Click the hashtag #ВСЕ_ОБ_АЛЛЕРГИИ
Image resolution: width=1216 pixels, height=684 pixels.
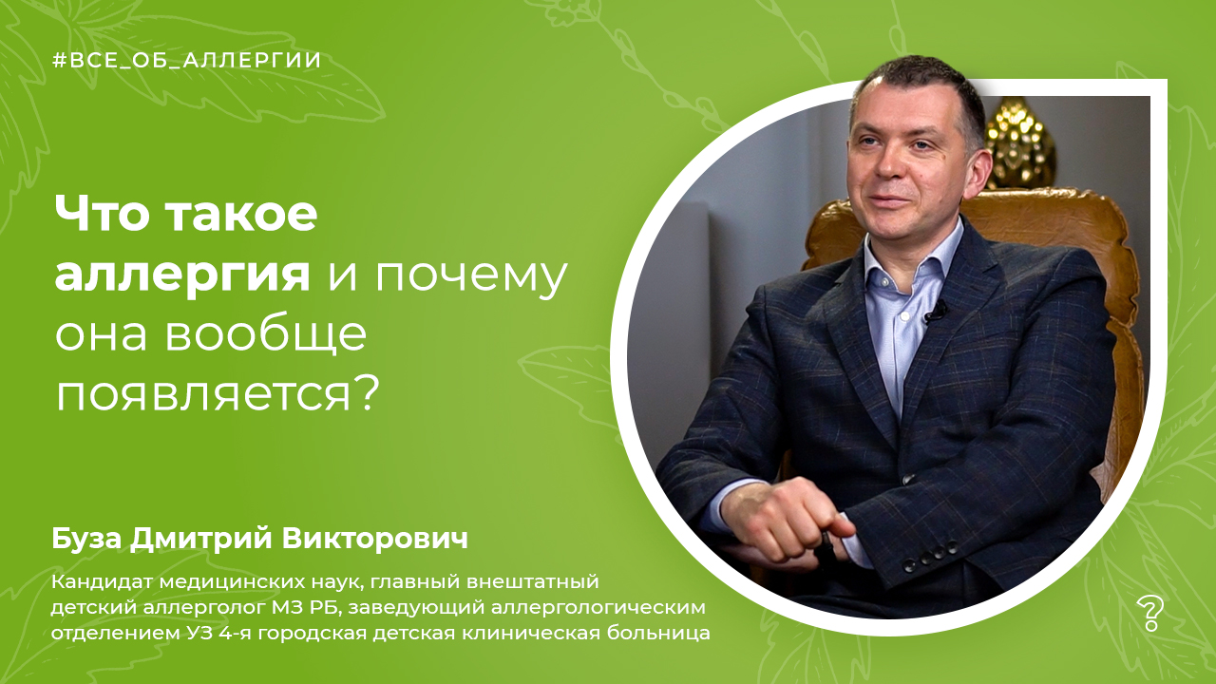point(187,61)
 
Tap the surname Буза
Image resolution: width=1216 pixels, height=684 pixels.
point(88,539)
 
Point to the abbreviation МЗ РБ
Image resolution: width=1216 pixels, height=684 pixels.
point(306,608)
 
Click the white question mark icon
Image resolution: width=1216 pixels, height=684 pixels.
point(1150,614)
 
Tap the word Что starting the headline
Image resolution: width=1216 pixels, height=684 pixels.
point(102,214)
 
